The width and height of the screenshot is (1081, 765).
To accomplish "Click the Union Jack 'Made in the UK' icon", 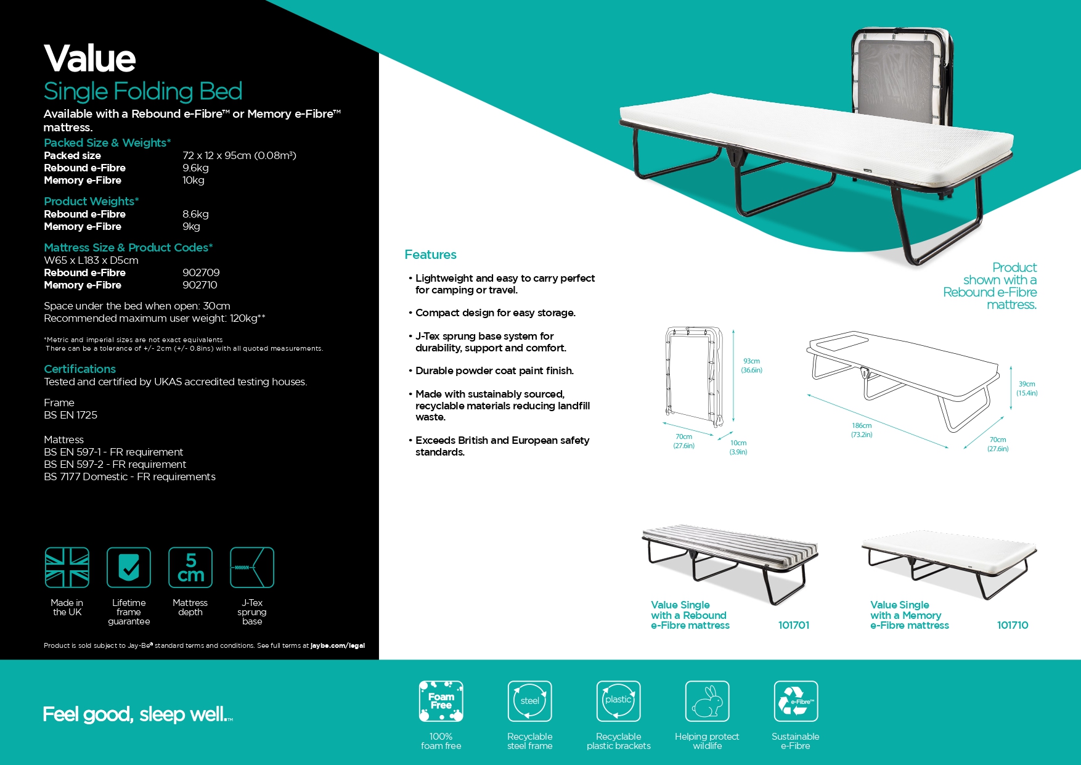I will coord(67,567).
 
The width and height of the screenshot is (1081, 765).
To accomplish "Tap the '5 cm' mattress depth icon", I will coord(190,567).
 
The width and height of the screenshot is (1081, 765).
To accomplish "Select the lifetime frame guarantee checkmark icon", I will coord(129,567).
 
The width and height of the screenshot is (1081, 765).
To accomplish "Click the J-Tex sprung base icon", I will coord(251,567).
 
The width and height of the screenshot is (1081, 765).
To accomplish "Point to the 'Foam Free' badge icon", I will coord(441,701).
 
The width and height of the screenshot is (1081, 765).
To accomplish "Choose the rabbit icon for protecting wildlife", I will coord(707,701).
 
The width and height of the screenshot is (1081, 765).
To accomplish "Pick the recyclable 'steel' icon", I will coord(529,701).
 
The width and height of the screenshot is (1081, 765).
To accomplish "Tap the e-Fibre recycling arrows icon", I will coord(796,701).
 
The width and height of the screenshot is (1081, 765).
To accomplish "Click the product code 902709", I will coord(201,272).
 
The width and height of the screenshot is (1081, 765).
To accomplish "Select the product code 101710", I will coord(1012,625).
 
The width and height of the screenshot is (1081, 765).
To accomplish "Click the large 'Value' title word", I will coord(90,59).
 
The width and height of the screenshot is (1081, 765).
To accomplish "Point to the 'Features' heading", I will coord(430,255).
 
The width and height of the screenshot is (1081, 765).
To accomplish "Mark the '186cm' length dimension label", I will coord(862,426).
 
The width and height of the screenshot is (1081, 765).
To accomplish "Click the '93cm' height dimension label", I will coord(751,361).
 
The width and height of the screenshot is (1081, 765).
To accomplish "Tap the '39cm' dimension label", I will coord(1027,384).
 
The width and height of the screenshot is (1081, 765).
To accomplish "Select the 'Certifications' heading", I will coord(80,369).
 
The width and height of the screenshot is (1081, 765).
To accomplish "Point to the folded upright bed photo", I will coord(901,77).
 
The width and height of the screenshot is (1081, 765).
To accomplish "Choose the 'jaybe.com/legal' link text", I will coord(338,645).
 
